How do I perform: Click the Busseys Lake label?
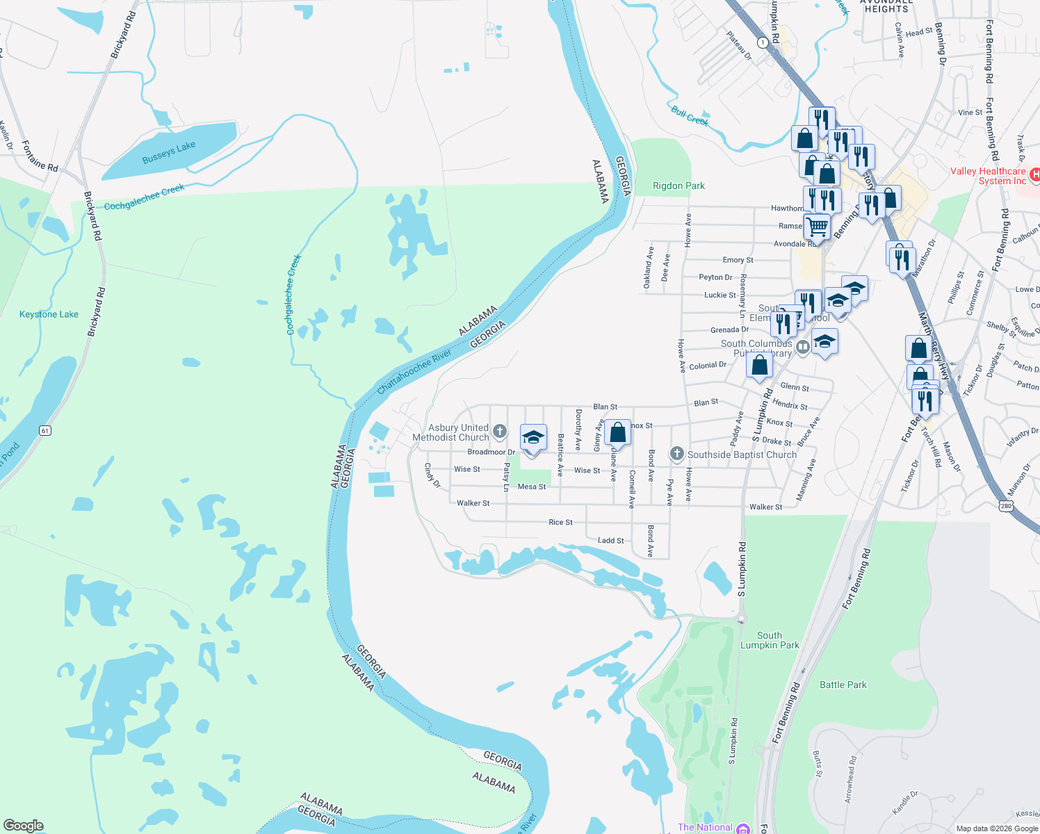click(x=169, y=153)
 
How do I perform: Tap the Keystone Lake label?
click(x=49, y=314)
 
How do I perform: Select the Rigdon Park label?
click(x=679, y=186)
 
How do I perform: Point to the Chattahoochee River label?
click(x=414, y=372)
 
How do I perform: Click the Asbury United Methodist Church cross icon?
click(x=499, y=432)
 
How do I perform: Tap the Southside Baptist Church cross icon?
click(x=676, y=454)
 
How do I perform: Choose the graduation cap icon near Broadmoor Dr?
click(x=533, y=438)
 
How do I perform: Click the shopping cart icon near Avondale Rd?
click(x=818, y=227)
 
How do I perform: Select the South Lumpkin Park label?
click(x=770, y=640)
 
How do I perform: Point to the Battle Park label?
click(x=843, y=685)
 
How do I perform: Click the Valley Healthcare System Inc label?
click(x=988, y=176)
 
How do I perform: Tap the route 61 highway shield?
click(x=45, y=430)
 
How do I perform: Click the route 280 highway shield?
click(x=1005, y=506)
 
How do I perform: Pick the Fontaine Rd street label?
click(x=40, y=156)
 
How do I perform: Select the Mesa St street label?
click(x=532, y=486)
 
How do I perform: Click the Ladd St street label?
click(x=610, y=540)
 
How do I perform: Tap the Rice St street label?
click(x=560, y=522)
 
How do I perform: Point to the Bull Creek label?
click(x=690, y=115)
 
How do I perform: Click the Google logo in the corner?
click(x=23, y=826)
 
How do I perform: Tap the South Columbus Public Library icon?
click(x=803, y=345)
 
